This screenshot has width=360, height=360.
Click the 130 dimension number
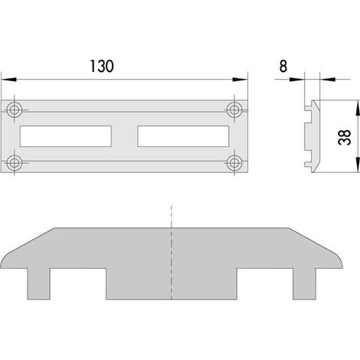point(102,66)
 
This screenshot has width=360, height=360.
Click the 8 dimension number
point(283,66)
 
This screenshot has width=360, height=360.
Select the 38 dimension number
point(344,137)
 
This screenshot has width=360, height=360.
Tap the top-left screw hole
point(14,110)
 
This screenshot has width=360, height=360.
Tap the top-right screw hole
point(234,110)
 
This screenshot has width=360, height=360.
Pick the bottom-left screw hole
point(14,162)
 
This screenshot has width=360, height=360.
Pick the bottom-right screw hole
point(234,162)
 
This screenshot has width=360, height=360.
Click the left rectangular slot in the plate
point(66,136)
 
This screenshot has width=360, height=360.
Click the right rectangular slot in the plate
point(183,136)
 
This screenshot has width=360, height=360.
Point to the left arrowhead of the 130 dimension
point(8,80)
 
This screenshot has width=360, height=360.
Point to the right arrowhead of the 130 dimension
point(240,80)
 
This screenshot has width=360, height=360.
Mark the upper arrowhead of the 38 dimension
point(358,108)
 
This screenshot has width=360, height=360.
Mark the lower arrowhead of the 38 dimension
point(358,165)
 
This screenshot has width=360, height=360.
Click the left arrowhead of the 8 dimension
point(297,80)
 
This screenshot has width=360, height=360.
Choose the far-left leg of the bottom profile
point(38,283)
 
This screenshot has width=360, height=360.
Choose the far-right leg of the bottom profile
point(304,283)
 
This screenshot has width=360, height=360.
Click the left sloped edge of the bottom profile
point(29,241)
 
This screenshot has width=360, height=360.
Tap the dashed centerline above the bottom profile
point(172,216)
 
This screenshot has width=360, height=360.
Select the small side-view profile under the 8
point(313,136)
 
